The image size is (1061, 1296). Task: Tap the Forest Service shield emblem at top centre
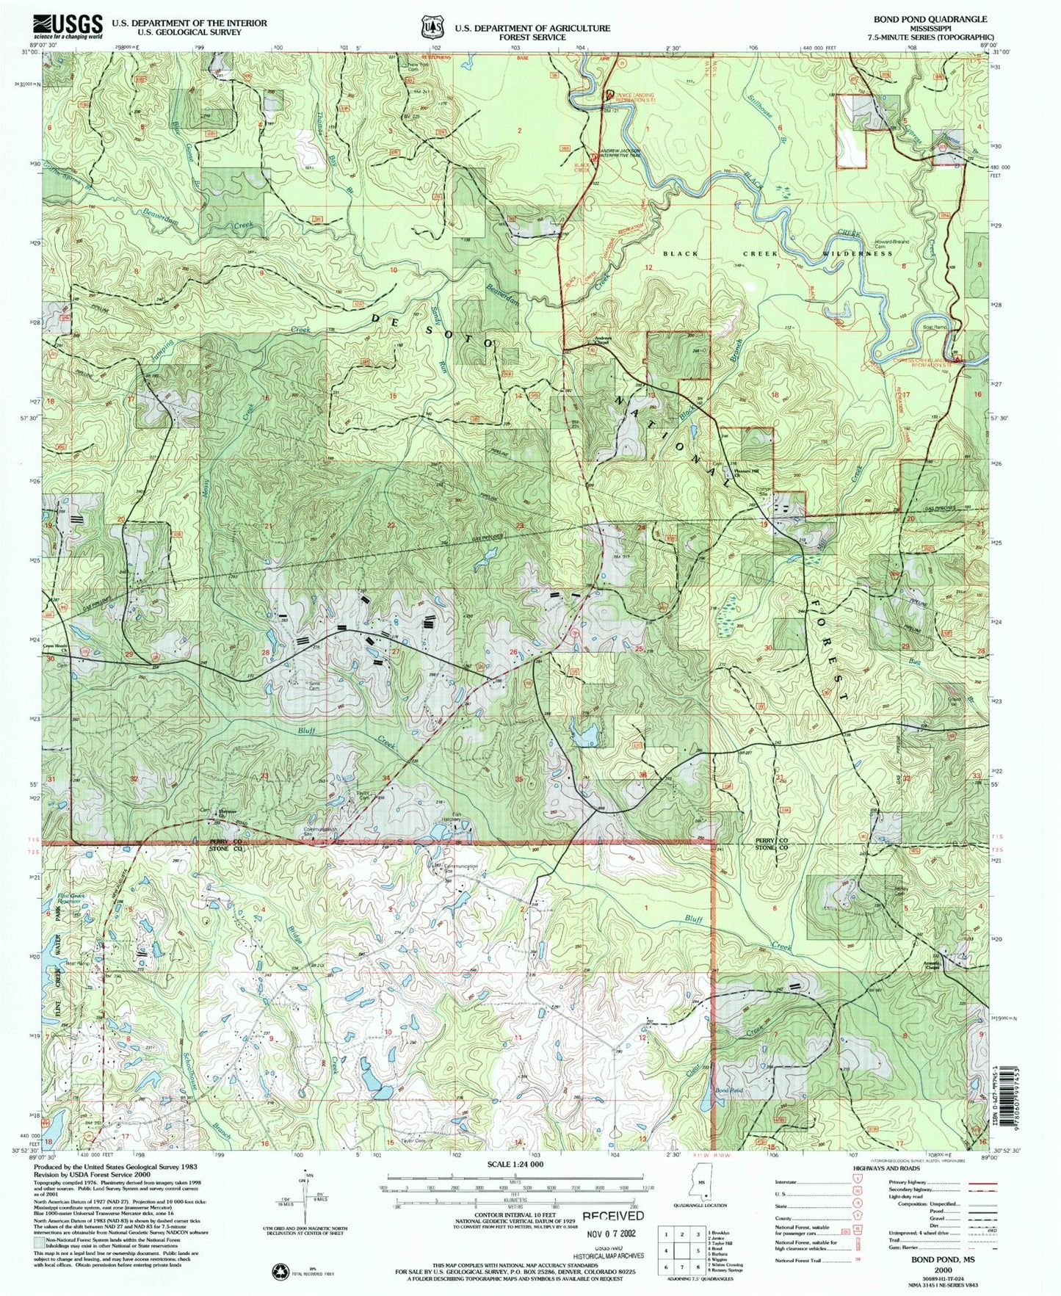click(431, 27)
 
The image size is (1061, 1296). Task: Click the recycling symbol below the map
click(279, 1270)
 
